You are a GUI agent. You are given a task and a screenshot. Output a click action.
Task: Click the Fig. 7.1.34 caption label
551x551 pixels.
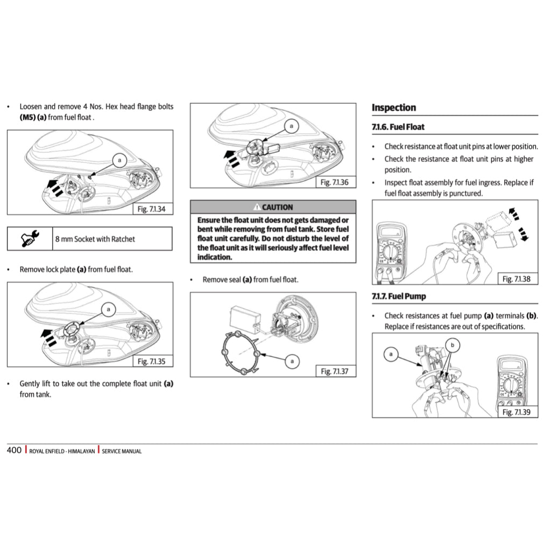pyautogui.click(x=153, y=209)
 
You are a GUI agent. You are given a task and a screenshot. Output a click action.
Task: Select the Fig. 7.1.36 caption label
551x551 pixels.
pyautogui.click(x=334, y=182)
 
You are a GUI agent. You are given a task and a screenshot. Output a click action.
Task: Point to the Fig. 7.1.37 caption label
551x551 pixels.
pyautogui.click(x=335, y=371)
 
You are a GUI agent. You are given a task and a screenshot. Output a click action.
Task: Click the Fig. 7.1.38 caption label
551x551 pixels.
pyautogui.click(x=516, y=279)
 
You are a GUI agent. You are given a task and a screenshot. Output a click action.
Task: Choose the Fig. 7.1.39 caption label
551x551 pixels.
pyautogui.click(x=516, y=412)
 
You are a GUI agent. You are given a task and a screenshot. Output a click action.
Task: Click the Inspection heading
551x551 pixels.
pyautogui.click(x=394, y=108)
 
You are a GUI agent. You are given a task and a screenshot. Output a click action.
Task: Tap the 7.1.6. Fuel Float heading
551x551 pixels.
pyautogui.click(x=398, y=128)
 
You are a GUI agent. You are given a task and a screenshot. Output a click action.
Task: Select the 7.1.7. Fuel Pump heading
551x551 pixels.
pyautogui.click(x=399, y=296)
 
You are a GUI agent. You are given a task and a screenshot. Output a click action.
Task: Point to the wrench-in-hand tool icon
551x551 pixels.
pyautogui.click(x=29, y=239)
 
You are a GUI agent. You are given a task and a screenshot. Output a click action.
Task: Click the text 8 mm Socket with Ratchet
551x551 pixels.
pyautogui.click(x=95, y=239)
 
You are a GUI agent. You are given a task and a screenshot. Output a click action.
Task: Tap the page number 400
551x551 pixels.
pyautogui.click(x=14, y=450)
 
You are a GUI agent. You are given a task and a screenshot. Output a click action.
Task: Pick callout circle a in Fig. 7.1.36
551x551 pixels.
pyautogui.click(x=291, y=126)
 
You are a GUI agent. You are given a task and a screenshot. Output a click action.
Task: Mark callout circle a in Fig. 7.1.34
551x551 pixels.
pyautogui.click(x=120, y=160)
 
